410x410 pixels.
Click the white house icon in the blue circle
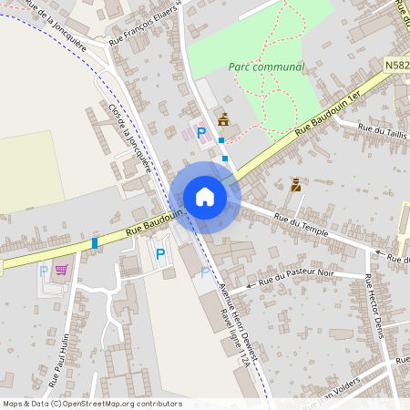click(x=205, y=196)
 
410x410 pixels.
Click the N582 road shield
click(x=396, y=66)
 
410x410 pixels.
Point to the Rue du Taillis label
click(x=383, y=130)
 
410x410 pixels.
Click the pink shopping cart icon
click(x=62, y=270)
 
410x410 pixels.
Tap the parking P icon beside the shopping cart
click(x=43, y=271)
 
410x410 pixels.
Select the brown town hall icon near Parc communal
click(x=223, y=118)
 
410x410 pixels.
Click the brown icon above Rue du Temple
click(x=295, y=185)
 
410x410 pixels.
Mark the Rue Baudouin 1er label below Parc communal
click(x=327, y=114)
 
